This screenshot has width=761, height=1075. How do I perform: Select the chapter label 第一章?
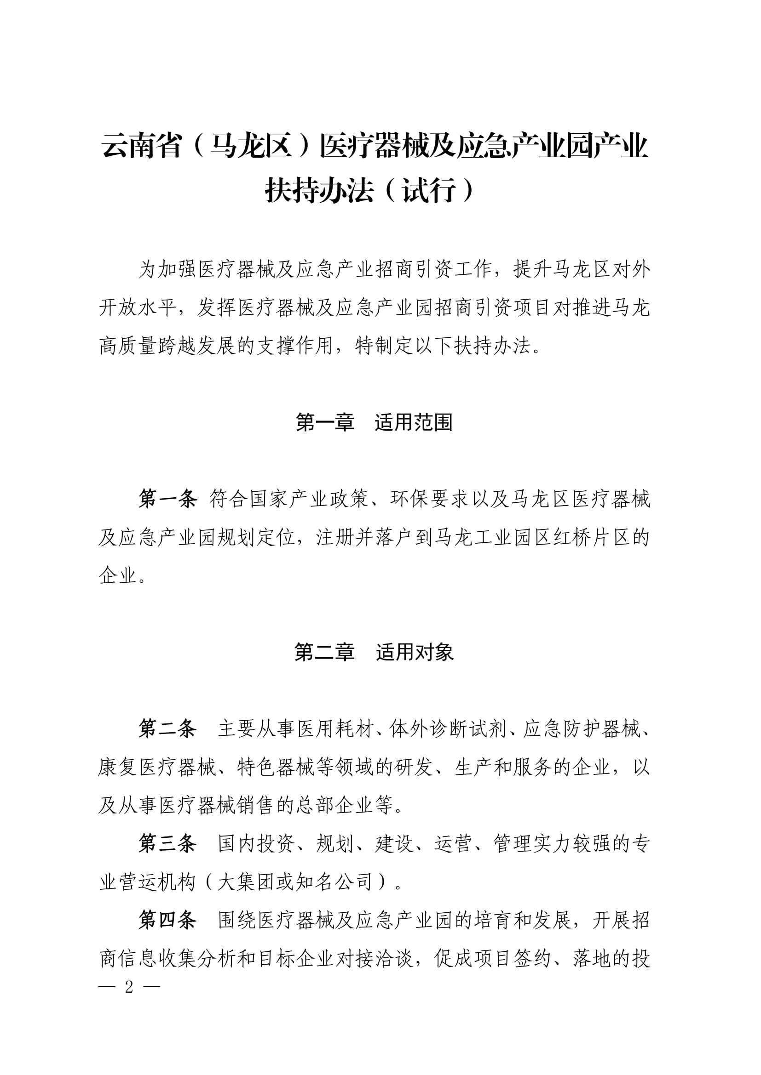pyautogui.click(x=325, y=422)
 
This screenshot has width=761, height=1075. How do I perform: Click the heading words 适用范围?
pyautogui.click(x=413, y=422)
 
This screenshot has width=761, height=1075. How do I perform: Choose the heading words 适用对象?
pyautogui.click(x=414, y=652)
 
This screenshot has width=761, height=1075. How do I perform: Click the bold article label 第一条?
pyautogui.click(x=167, y=499)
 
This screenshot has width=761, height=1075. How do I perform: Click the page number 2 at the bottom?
pyautogui.click(x=129, y=987)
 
